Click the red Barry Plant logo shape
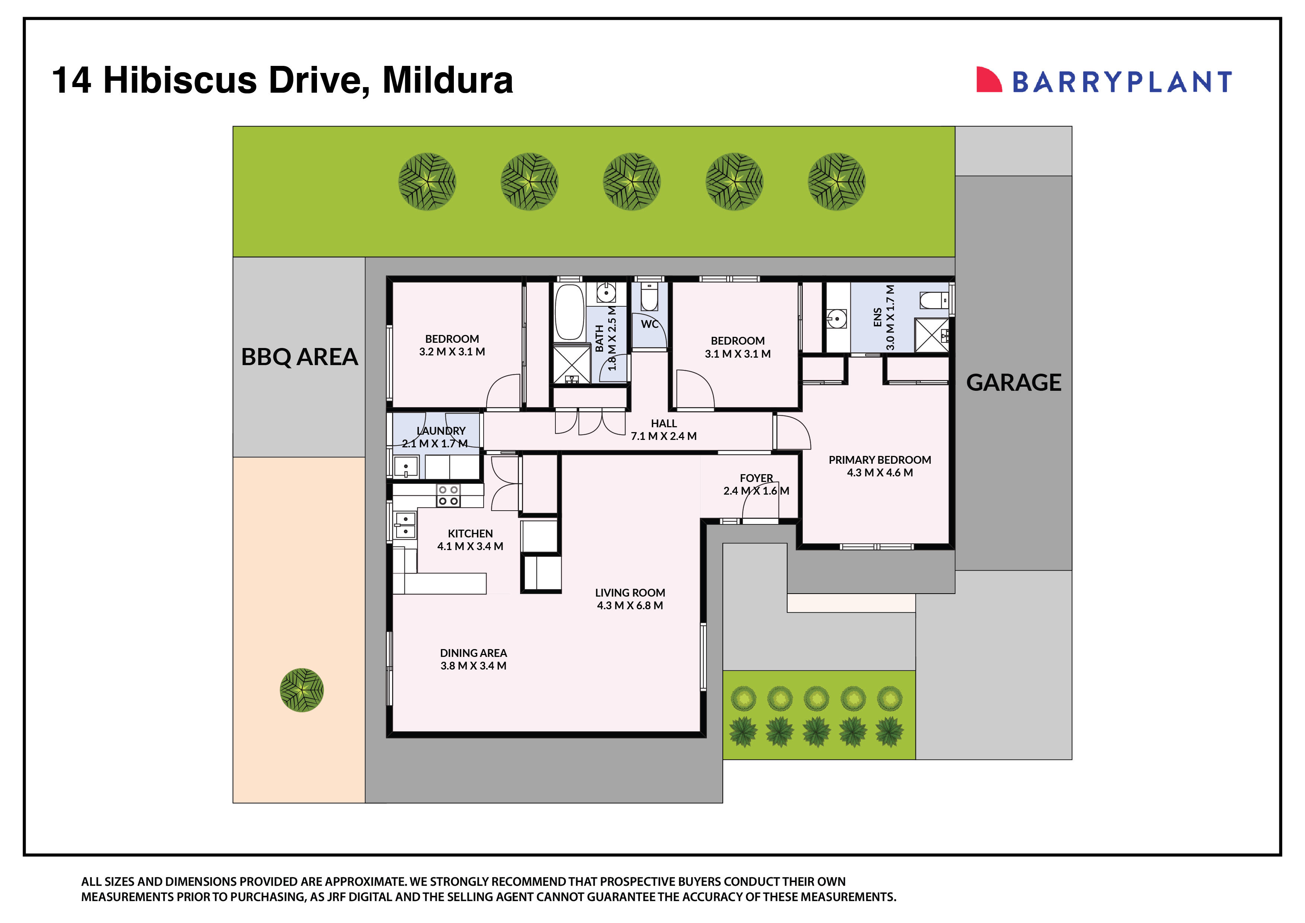coord(988,80)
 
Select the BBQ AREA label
coord(299,357)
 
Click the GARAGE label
coord(1013,383)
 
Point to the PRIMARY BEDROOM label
coord(879,460)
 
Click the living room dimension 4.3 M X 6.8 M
coord(630,606)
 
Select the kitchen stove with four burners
coord(448,495)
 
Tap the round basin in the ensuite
coord(837,319)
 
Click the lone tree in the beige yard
coord(302,690)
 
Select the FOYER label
coord(756,478)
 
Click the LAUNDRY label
coord(441,431)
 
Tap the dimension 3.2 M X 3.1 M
coord(452,351)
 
